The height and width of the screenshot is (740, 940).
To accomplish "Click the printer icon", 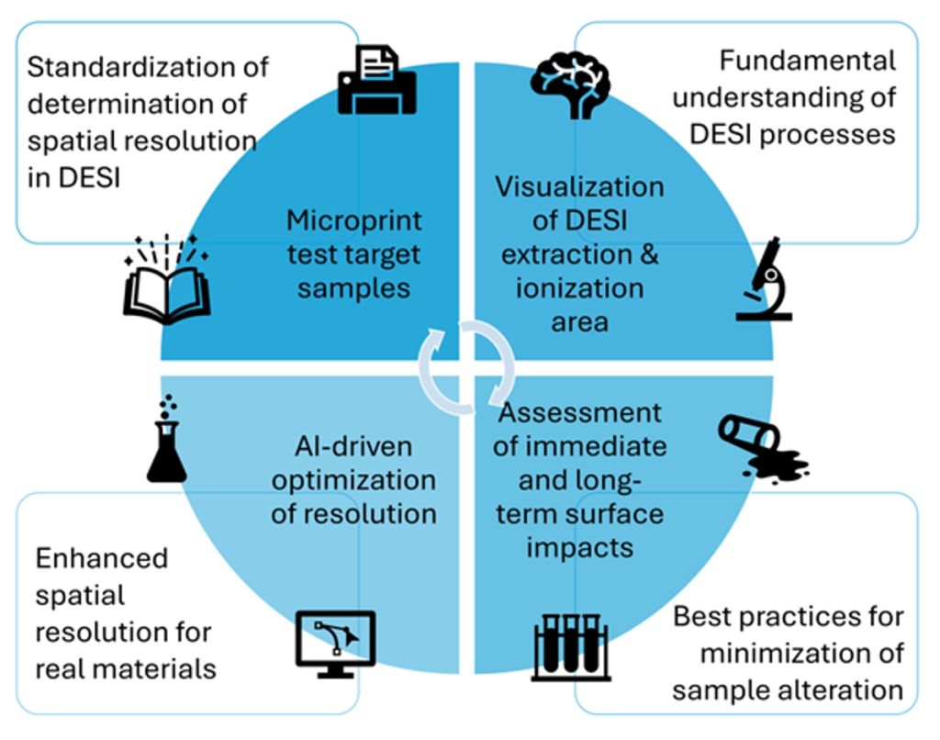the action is point(377,80).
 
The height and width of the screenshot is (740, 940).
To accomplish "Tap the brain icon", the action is point(570,84).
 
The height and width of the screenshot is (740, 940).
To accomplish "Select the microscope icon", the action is point(765,279).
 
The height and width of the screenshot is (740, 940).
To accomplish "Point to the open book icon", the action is point(167,280).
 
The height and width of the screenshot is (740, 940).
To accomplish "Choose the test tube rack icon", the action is point(571,647).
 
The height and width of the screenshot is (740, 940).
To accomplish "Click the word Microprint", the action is point(353,220).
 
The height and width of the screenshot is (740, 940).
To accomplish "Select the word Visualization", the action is point(579,187).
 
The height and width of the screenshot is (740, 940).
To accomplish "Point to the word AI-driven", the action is point(353,447).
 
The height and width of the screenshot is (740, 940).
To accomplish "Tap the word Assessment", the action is point(580,413).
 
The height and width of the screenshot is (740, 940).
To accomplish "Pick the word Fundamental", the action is point(808,61).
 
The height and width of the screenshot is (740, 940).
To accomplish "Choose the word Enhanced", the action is point(101,558).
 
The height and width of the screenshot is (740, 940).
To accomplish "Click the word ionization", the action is point(580,288).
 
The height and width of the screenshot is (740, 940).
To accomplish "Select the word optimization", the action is point(353,481).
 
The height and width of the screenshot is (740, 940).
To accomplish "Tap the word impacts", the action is point(580,548).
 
